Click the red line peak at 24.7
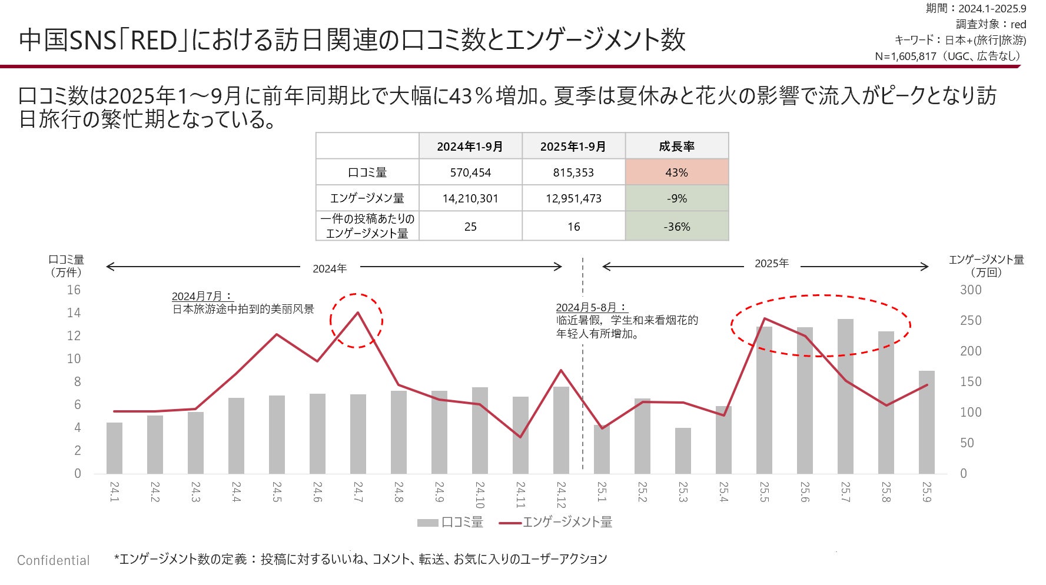tap(357, 313)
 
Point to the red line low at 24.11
tap(520, 437)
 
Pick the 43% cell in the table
tap(676, 172)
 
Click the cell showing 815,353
tap(573, 172)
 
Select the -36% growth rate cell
tap(676, 227)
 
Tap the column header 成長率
tap(676, 146)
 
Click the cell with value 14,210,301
tap(470, 198)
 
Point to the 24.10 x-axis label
tap(480, 495)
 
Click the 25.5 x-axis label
tap(764, 492)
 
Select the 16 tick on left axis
tap(74, 290)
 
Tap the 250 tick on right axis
tap(971, 320)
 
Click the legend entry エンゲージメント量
tap(567, 522)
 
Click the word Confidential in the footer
tap(54, 560)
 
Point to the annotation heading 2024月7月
tap(201, 296)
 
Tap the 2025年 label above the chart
tap(771, 264)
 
